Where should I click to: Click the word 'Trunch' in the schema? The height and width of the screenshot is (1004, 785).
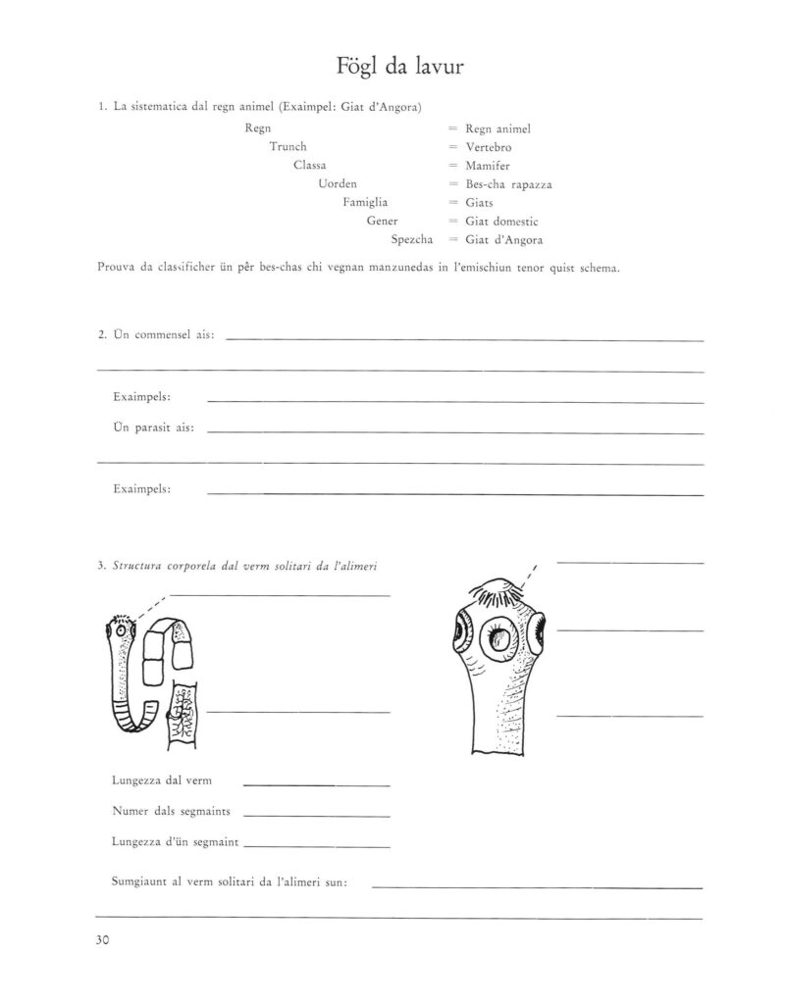pyautogui.click(x=288, y=147)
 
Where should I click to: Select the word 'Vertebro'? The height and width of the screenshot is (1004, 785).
pyautogui.click(x=489, y=147)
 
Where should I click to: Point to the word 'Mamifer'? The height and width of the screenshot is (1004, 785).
pyautogui.click(x=488, y=166)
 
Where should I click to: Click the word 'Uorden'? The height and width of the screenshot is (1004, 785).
pyautogui.click(x=338, y=184)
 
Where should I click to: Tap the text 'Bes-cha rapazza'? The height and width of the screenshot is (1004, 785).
pyautogui.click(x=507, y=184)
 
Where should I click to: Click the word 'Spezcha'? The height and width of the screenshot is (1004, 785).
pyautogui.click(x=411, y=240)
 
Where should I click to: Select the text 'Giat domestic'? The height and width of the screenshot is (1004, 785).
pyautogui.click(x=503, y=222)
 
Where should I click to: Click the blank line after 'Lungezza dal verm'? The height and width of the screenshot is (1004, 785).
pyautogui.click(x=316, y=784)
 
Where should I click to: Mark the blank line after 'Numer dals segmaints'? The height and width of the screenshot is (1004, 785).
pyautogui.click(x=316, y=815)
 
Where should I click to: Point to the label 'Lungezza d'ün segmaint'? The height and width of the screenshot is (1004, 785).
pyautogui.click(x=176, y=842)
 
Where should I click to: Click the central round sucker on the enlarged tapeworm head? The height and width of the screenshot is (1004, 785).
pyautogui.click(x=502, y=642)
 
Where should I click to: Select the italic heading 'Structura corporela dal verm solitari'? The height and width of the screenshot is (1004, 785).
pyautogui.click(x=246, y=566)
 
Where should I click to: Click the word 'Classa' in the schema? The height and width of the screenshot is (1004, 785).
pyautogui.click(x=310, y=166)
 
